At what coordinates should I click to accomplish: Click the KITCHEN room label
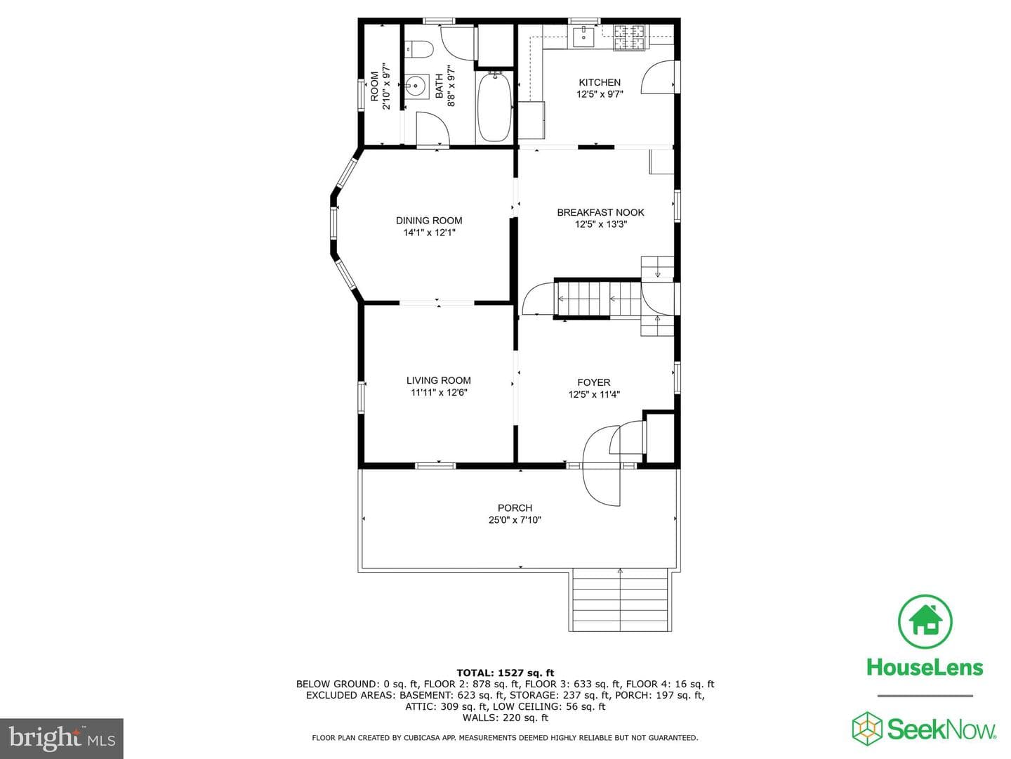pos(600,82)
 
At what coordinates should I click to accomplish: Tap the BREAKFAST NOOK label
pos(600,212)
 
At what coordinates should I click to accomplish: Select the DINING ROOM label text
pos(429,221)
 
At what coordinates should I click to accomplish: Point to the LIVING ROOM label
pos(439,381)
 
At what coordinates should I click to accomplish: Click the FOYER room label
pos(594,382)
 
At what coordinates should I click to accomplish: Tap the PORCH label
pos(515,508)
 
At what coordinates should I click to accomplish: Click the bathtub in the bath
pos(494,108)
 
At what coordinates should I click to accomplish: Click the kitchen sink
pos(584,36)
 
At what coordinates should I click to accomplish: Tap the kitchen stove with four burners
pos(630,37)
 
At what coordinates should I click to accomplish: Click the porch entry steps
pos(620,601)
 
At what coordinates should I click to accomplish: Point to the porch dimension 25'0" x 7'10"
pos(515,520)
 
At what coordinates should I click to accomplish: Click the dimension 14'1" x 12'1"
pos(429,233)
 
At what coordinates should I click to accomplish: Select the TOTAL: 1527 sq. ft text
pos(505,673)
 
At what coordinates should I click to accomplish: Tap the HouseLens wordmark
pos(925,668)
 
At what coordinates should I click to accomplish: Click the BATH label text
pos(439,86)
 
